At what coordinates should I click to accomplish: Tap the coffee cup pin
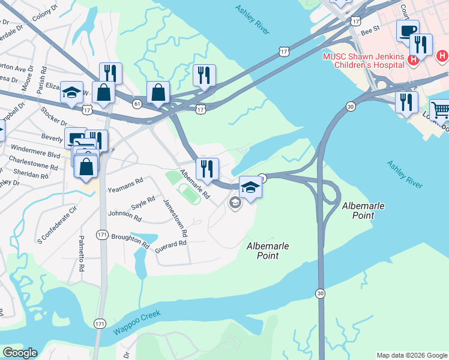point(408,31)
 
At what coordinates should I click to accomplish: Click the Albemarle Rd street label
point(194,184)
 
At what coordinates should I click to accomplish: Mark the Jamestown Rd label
point(175,218)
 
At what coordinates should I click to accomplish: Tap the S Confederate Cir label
point(58,220)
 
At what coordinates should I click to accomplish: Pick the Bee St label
point(369,28)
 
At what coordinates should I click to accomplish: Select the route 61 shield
point(137,104)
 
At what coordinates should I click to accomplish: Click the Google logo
point(19,353)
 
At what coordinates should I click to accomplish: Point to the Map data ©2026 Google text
point(412,355)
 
